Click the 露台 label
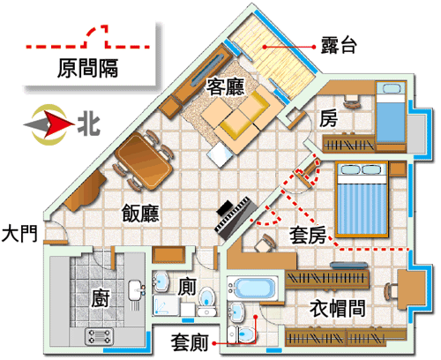coord(339,46)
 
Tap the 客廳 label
coord(225,87)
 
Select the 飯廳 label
coord(140,214)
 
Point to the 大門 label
coord(19,234)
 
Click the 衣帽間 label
coord(338,308)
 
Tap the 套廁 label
coord(190,342)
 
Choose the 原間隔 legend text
coord(87,68)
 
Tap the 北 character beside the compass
coord(89,125)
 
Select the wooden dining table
coord(144,161)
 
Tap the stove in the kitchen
coord(99,337)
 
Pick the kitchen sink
coord(136,290)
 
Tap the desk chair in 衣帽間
coord(391,291)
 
